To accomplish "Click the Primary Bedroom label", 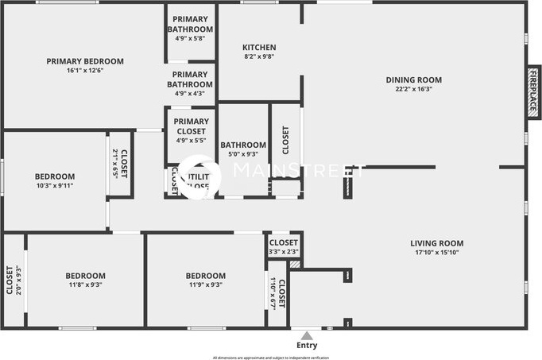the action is coord(85,61).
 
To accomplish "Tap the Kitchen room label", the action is coord(259,48).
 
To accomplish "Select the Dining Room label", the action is coord(413,79).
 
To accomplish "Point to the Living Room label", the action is coord(436,243).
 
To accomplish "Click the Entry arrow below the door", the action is coord(307,335).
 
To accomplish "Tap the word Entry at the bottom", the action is coord(307,346).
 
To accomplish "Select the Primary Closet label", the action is coord(191,126).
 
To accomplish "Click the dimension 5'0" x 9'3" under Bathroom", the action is coord(243,154).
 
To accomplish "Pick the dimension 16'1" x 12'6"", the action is coord(85,71).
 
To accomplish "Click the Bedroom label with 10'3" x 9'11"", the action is coord(55,176).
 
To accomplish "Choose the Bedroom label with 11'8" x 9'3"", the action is coord(85,276).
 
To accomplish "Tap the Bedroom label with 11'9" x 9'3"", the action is coord(206,276).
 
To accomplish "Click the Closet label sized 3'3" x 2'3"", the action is coord(284,242).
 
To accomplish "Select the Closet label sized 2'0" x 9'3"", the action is coord(10,280).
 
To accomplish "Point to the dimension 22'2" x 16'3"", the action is coord(413,89).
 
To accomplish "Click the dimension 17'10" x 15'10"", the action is coord(436,253).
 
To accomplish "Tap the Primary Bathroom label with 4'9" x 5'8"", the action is coord(191,25).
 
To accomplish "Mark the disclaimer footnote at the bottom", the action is coord(270,357).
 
